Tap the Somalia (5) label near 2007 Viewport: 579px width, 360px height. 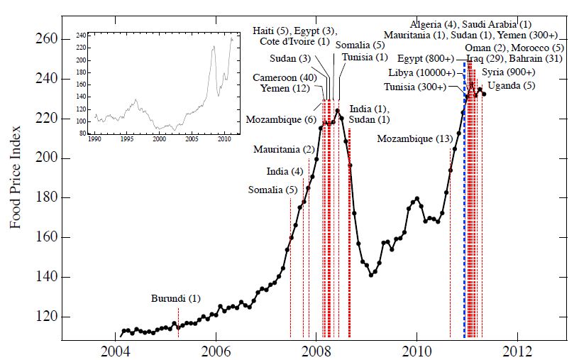tap(272, 190)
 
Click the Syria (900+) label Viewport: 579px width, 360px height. tap(508, 72)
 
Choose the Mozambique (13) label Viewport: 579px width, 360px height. tap(415, 138)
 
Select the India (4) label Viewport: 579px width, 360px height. tap(285, 171)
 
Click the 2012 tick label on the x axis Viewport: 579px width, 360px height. tap(517, 351)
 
